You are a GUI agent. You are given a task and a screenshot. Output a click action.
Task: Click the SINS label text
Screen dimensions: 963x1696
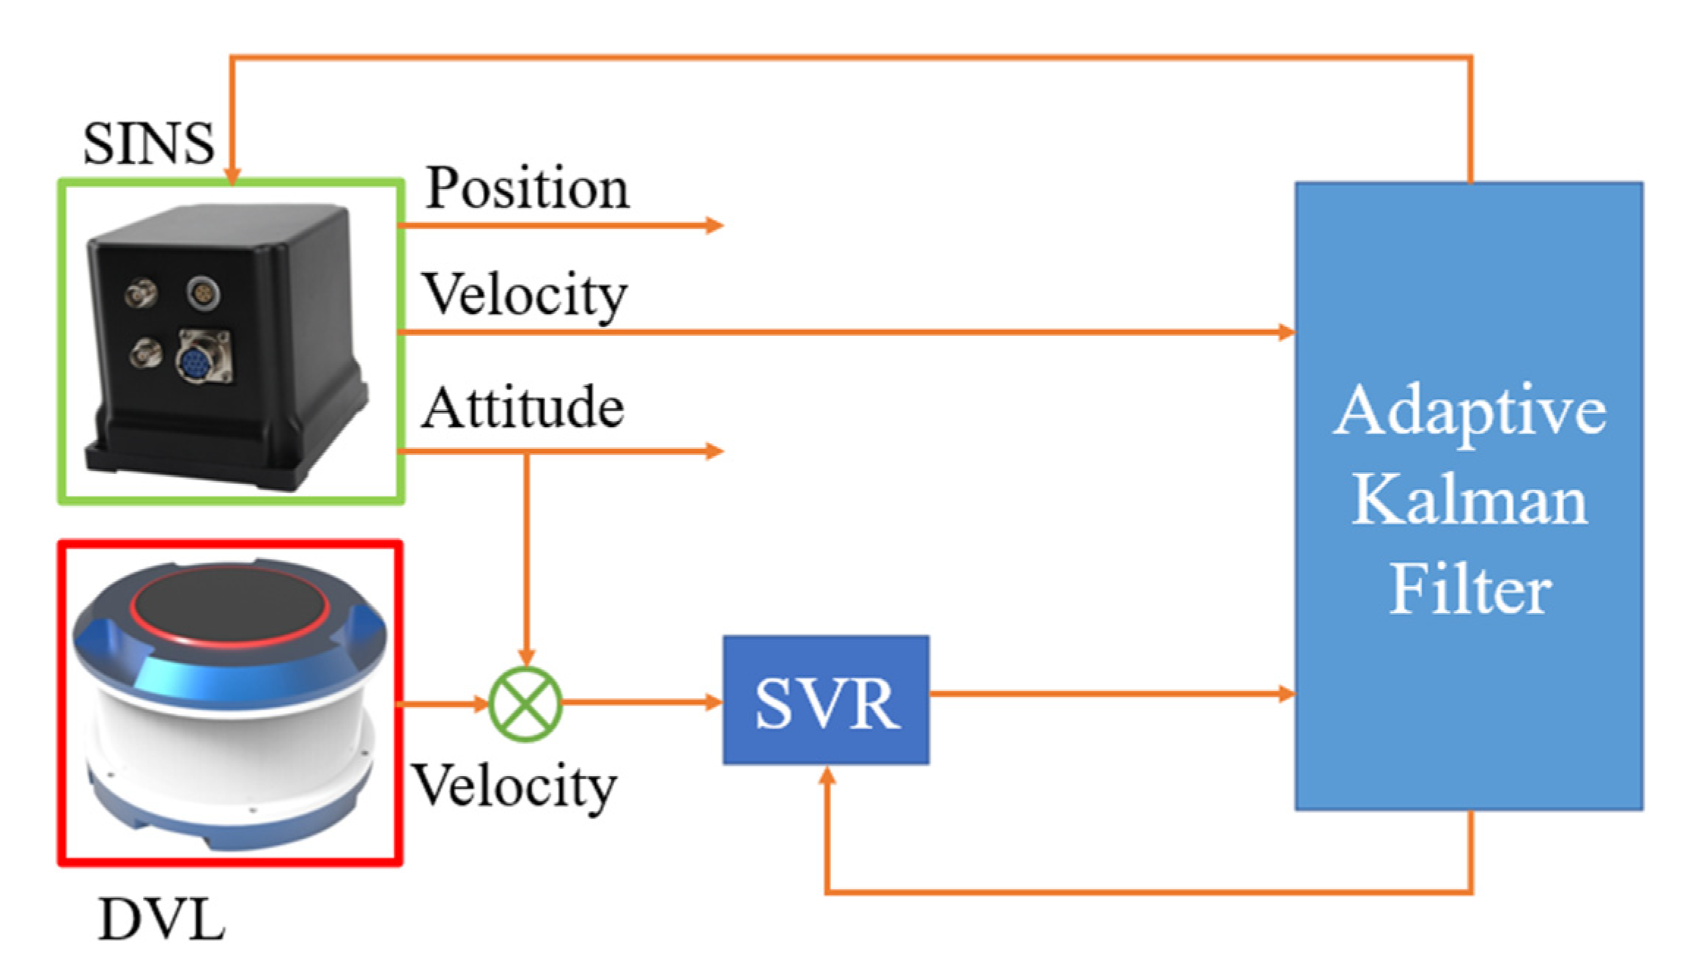pos(148,143)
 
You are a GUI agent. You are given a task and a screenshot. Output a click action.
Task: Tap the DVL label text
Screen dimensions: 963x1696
pos(161,920)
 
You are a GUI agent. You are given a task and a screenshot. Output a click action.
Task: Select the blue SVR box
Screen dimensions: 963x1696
pos(826,700)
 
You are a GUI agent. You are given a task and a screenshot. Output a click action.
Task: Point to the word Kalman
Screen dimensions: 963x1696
pos(1469,500)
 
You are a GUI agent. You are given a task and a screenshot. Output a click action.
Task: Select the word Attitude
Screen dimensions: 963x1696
pos(523,408)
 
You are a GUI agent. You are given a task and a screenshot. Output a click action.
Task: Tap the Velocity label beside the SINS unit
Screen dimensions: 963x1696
pos(525,295)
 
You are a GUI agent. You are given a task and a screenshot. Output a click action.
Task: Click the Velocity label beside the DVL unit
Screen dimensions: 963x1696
pos(515,786)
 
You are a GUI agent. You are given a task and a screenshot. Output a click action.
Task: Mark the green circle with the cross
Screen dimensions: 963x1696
pos(526,704)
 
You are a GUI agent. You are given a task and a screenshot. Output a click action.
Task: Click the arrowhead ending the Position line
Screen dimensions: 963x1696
pos(715,225)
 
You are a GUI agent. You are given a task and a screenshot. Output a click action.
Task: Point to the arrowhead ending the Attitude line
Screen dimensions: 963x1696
pos(715,451)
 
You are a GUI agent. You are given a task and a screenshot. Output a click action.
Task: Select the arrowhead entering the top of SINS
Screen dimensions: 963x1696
pos(232,176)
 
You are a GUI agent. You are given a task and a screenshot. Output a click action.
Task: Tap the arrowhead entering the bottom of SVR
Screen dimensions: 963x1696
pos(827,776)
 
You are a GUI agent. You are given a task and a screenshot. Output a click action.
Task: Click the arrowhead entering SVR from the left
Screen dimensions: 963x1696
pos(714,703)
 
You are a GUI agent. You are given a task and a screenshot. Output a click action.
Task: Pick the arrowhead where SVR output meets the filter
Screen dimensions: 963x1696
pos(1286,693)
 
